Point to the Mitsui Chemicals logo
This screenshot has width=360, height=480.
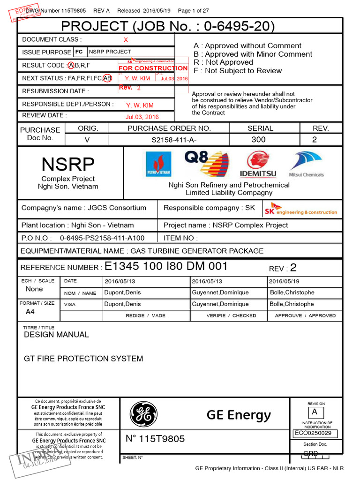pos(306,164)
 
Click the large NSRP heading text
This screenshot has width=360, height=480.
pos(68,165)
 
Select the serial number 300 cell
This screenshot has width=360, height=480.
pos(258,140)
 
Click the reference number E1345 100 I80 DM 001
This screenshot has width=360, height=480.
pos(166,267)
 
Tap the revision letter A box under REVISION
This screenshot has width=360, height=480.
pos(315,412)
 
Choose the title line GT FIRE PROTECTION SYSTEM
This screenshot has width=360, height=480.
pos(83,359)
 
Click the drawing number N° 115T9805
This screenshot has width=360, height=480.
pos(155,439)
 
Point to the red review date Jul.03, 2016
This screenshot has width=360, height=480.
pos(142,117)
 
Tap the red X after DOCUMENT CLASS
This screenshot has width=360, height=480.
pos(125,40)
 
